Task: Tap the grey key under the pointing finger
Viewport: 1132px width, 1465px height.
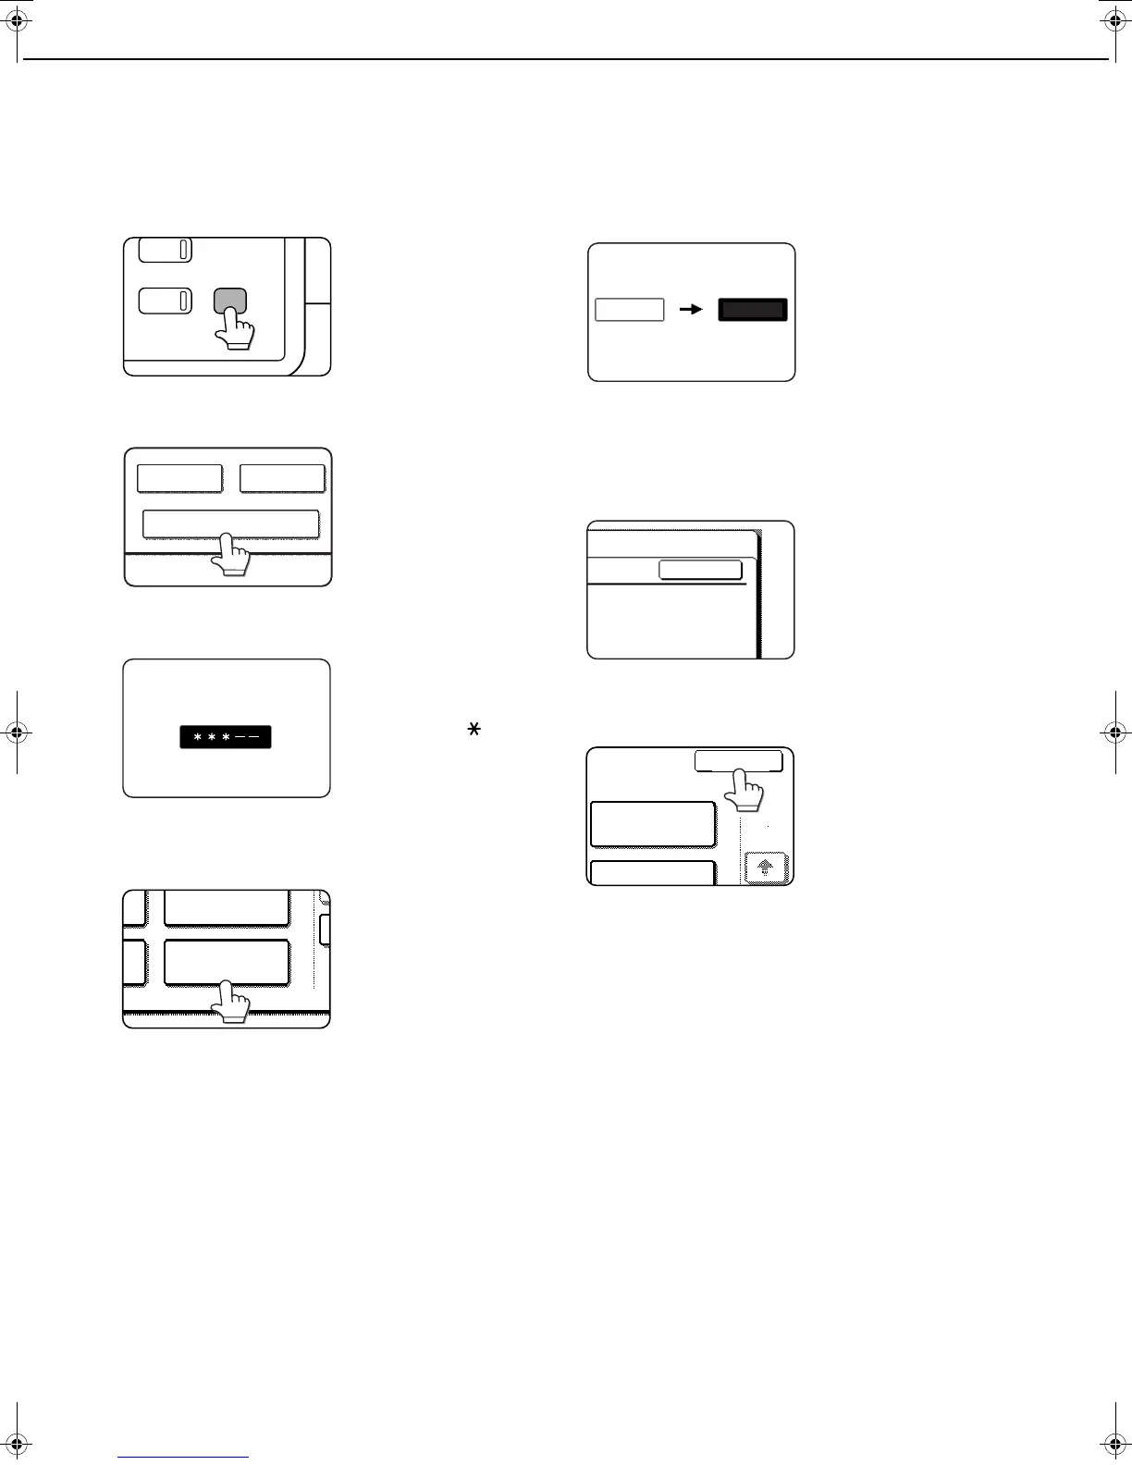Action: pyautogui.click(x=230, y=301)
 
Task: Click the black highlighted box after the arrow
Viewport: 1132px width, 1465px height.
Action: pyautogui.click(x=753, y=310)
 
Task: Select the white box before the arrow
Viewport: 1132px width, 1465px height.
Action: pyautogui.click(x=629, y=310)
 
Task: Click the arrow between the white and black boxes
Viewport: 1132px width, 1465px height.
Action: pyautogui.click(x=691, y=310)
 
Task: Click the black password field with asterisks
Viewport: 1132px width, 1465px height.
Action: pyautogui.click(x=225, y=737)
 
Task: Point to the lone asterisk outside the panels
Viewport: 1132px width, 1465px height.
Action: pyautogui.click(x=474, y=731)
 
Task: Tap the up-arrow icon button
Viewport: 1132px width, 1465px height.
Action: pyautogui.click(x=766, y=868)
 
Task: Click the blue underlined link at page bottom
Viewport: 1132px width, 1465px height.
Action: pyautogui.click(x=183, y=1457)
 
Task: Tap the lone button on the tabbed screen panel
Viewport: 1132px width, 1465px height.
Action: pyautogui.click(x=700, y=570)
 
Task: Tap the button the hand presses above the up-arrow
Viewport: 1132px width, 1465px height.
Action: pyautogui.click(x=738, y=761)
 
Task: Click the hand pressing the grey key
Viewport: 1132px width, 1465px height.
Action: pyautogui.click(x=238, y=329)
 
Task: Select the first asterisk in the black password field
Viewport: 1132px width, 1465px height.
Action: pyautogui.click(x=198, y=738)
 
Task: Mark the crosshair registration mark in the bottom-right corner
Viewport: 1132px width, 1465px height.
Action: pyautogui.click(x=1114, y=1443)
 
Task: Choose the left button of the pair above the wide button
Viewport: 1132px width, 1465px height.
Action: pyautogui.click(x=179, y=478)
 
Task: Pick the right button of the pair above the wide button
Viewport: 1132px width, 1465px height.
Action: pyautogui.click(x=282, y=478)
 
